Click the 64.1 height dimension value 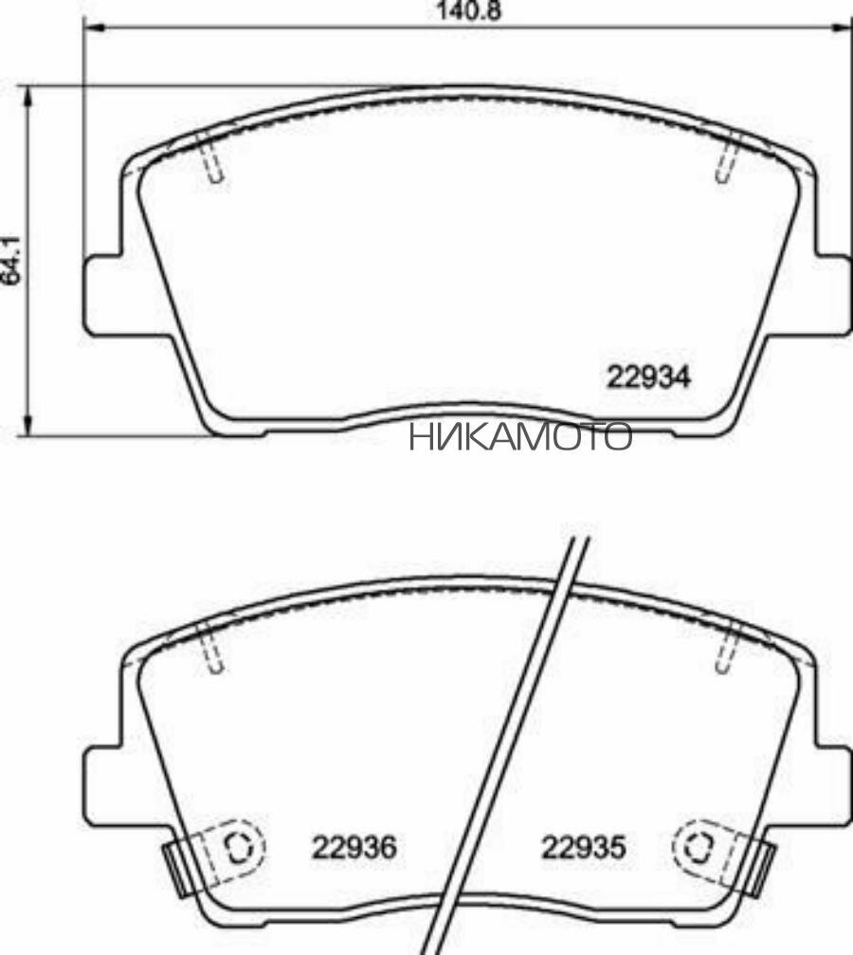pyautogui.click(x=10, y=260)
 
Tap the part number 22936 pyautogui.click(x=354, y=846)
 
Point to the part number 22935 pyautogui.click(x=583, y=846)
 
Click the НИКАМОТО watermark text pyautogui.click(x=520, y=437)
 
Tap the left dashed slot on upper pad pyautogui.click(x=213, y=160)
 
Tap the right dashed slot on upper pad pyautogui.click(x=726, y=160)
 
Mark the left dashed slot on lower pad pyautogui.click(x=215, y=652)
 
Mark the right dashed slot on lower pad pyautogui.click(x=727, y=652)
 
